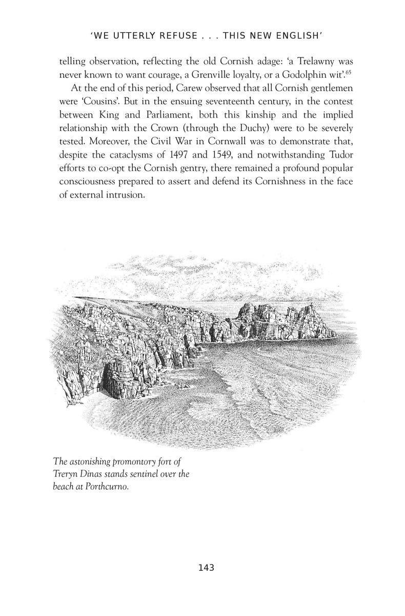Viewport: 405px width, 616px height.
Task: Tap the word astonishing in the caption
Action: [x=94, y=460]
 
